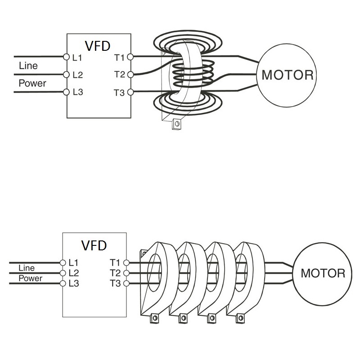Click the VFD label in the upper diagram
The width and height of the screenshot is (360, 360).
[98, 45]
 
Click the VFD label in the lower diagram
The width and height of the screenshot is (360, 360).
[94, 245]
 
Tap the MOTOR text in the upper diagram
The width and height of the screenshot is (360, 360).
[287, 75]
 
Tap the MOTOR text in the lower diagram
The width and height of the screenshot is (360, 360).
[323, 273]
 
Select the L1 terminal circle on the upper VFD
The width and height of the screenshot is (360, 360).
[67, 57]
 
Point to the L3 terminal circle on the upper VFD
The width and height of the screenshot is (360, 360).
[67, 93]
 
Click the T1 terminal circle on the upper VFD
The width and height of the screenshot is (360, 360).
[130, 57]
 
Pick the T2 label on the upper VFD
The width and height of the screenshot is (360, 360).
[119, 75]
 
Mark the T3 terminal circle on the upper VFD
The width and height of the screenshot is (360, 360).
[130, 93]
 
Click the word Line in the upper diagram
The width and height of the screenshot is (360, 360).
[28, 66]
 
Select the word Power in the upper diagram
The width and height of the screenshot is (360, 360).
[32, 84]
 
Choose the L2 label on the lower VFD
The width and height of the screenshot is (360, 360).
[73, 273]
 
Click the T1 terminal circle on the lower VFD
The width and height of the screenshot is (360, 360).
[126, 262]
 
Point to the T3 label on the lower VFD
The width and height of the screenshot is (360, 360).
[115, 283]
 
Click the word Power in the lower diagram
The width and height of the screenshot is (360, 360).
[31, 278]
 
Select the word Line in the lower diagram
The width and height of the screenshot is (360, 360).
[26, 268]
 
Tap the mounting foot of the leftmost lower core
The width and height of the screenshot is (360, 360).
[155, 318]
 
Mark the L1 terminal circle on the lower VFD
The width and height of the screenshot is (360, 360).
[63, 262]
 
